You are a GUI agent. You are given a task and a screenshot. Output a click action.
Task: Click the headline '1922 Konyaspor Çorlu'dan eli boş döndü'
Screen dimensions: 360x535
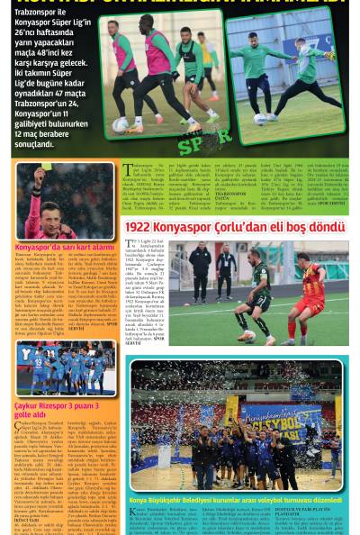[x=235, y=228]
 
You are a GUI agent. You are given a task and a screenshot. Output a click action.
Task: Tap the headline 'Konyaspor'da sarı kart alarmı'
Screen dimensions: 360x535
[x=65, y=246]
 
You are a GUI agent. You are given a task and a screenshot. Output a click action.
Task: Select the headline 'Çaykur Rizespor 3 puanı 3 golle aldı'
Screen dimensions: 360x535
[x=57, y=411]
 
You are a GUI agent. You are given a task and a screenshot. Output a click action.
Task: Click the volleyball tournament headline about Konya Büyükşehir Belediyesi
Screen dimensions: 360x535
[x=235, y=500]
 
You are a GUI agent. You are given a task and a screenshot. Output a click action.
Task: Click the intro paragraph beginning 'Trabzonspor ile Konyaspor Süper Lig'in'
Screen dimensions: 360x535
[x=50, y=82]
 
